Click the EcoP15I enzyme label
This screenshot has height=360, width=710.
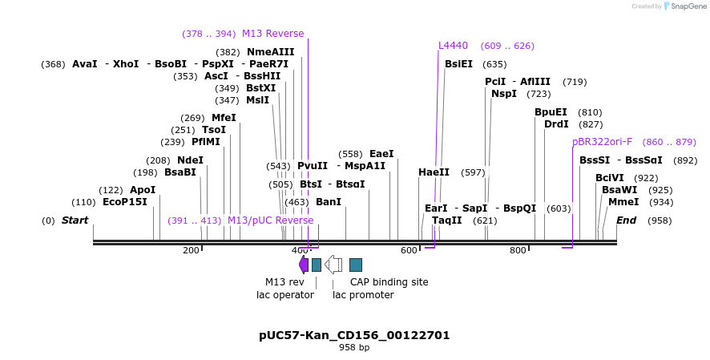[125, 202]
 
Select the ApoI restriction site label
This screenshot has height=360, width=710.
[143, 190]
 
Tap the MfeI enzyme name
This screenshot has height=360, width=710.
[224, 118]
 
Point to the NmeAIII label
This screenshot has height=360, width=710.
[270, 52]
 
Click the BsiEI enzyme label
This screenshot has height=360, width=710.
[458, 64]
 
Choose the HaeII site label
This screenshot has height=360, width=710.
[434, 172]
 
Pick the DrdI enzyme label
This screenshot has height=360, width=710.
[556, 124]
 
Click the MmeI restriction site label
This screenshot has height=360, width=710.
[623, 202]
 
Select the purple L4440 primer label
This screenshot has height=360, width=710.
[453, 46]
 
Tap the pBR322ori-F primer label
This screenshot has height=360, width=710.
[602, 142]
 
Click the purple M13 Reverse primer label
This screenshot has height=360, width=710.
[272, 34]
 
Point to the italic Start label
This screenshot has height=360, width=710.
[75, 220]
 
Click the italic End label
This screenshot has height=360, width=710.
[626, 220]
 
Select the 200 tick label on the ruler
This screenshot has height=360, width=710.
[191, 251]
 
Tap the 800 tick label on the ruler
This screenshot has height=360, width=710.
[518, 251]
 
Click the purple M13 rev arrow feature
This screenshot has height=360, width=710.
[303, 265]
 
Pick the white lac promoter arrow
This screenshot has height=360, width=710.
[333, 265]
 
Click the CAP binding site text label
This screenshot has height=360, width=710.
[389, 282]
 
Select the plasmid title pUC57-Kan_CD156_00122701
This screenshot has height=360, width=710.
[354, 334]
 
